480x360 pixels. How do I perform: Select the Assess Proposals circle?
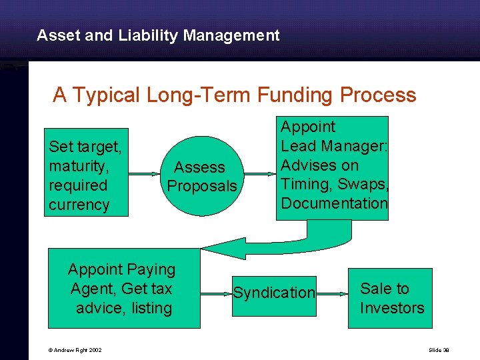click(201, 176)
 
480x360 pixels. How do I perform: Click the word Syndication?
click(274, 292)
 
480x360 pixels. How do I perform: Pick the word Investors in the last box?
click(392, 308)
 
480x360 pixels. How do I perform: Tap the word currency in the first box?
click(79, 205)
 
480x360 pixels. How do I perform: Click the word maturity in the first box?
click(78, 165)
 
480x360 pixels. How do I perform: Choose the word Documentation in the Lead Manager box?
click(334, 203)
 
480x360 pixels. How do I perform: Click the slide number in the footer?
click(439, 350)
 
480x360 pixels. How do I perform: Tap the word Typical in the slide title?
click(106, 95)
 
